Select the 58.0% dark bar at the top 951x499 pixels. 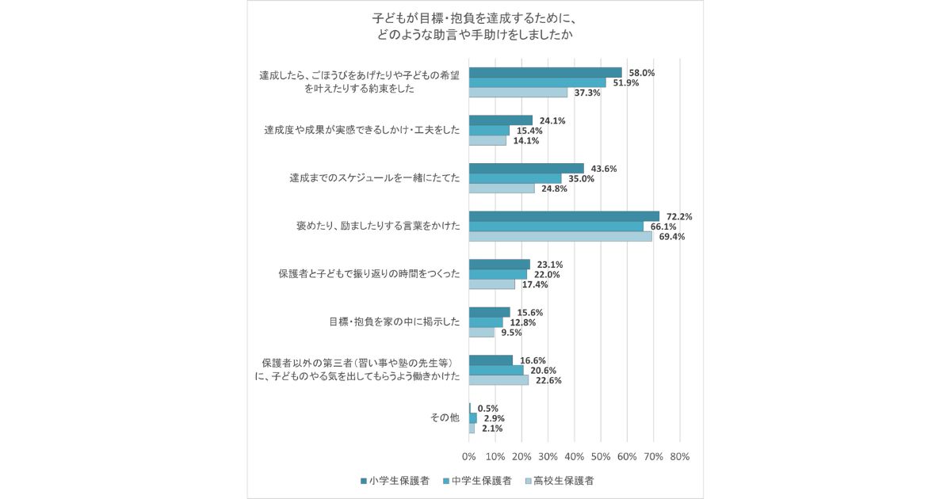(x=545, y=72)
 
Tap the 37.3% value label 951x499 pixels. (x=587, y=93)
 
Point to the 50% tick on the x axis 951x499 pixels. (x=601, y=457)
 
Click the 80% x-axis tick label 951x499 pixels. (x=679, y=457)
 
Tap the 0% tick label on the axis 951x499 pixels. (x=469, y=457)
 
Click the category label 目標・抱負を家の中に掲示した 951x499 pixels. (x=394, y=322)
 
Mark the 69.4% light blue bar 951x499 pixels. (x=560, y=237)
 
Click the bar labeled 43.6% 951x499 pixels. (x=526, y=168)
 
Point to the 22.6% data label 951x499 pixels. (x=548, y=380)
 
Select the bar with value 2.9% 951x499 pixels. (x=473, y=417)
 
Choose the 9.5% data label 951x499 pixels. (x=511, y=333)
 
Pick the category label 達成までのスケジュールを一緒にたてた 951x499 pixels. (x=374, y=178)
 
